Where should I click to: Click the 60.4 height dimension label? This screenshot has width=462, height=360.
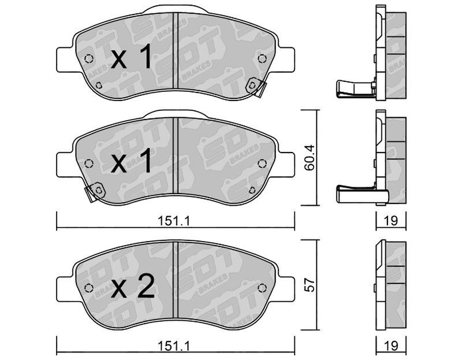click(x=310, y=157)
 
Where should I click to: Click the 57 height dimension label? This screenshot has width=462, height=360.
click(x=310, y=285)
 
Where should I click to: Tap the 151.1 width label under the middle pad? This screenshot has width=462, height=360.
click(x=174, y=220)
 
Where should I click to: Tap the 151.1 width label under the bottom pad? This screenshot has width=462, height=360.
click(x=174, y=346)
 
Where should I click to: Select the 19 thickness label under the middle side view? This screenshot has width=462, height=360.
click(x=392, y=220)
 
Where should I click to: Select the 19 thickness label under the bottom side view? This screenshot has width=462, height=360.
click(x=392, y=346)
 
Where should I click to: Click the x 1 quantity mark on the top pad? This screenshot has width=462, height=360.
click(x=132, y=56)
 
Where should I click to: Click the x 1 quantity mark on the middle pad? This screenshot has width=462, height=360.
click(x=132, y=161)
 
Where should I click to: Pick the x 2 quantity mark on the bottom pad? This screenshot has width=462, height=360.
click(x=133, y=285)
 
